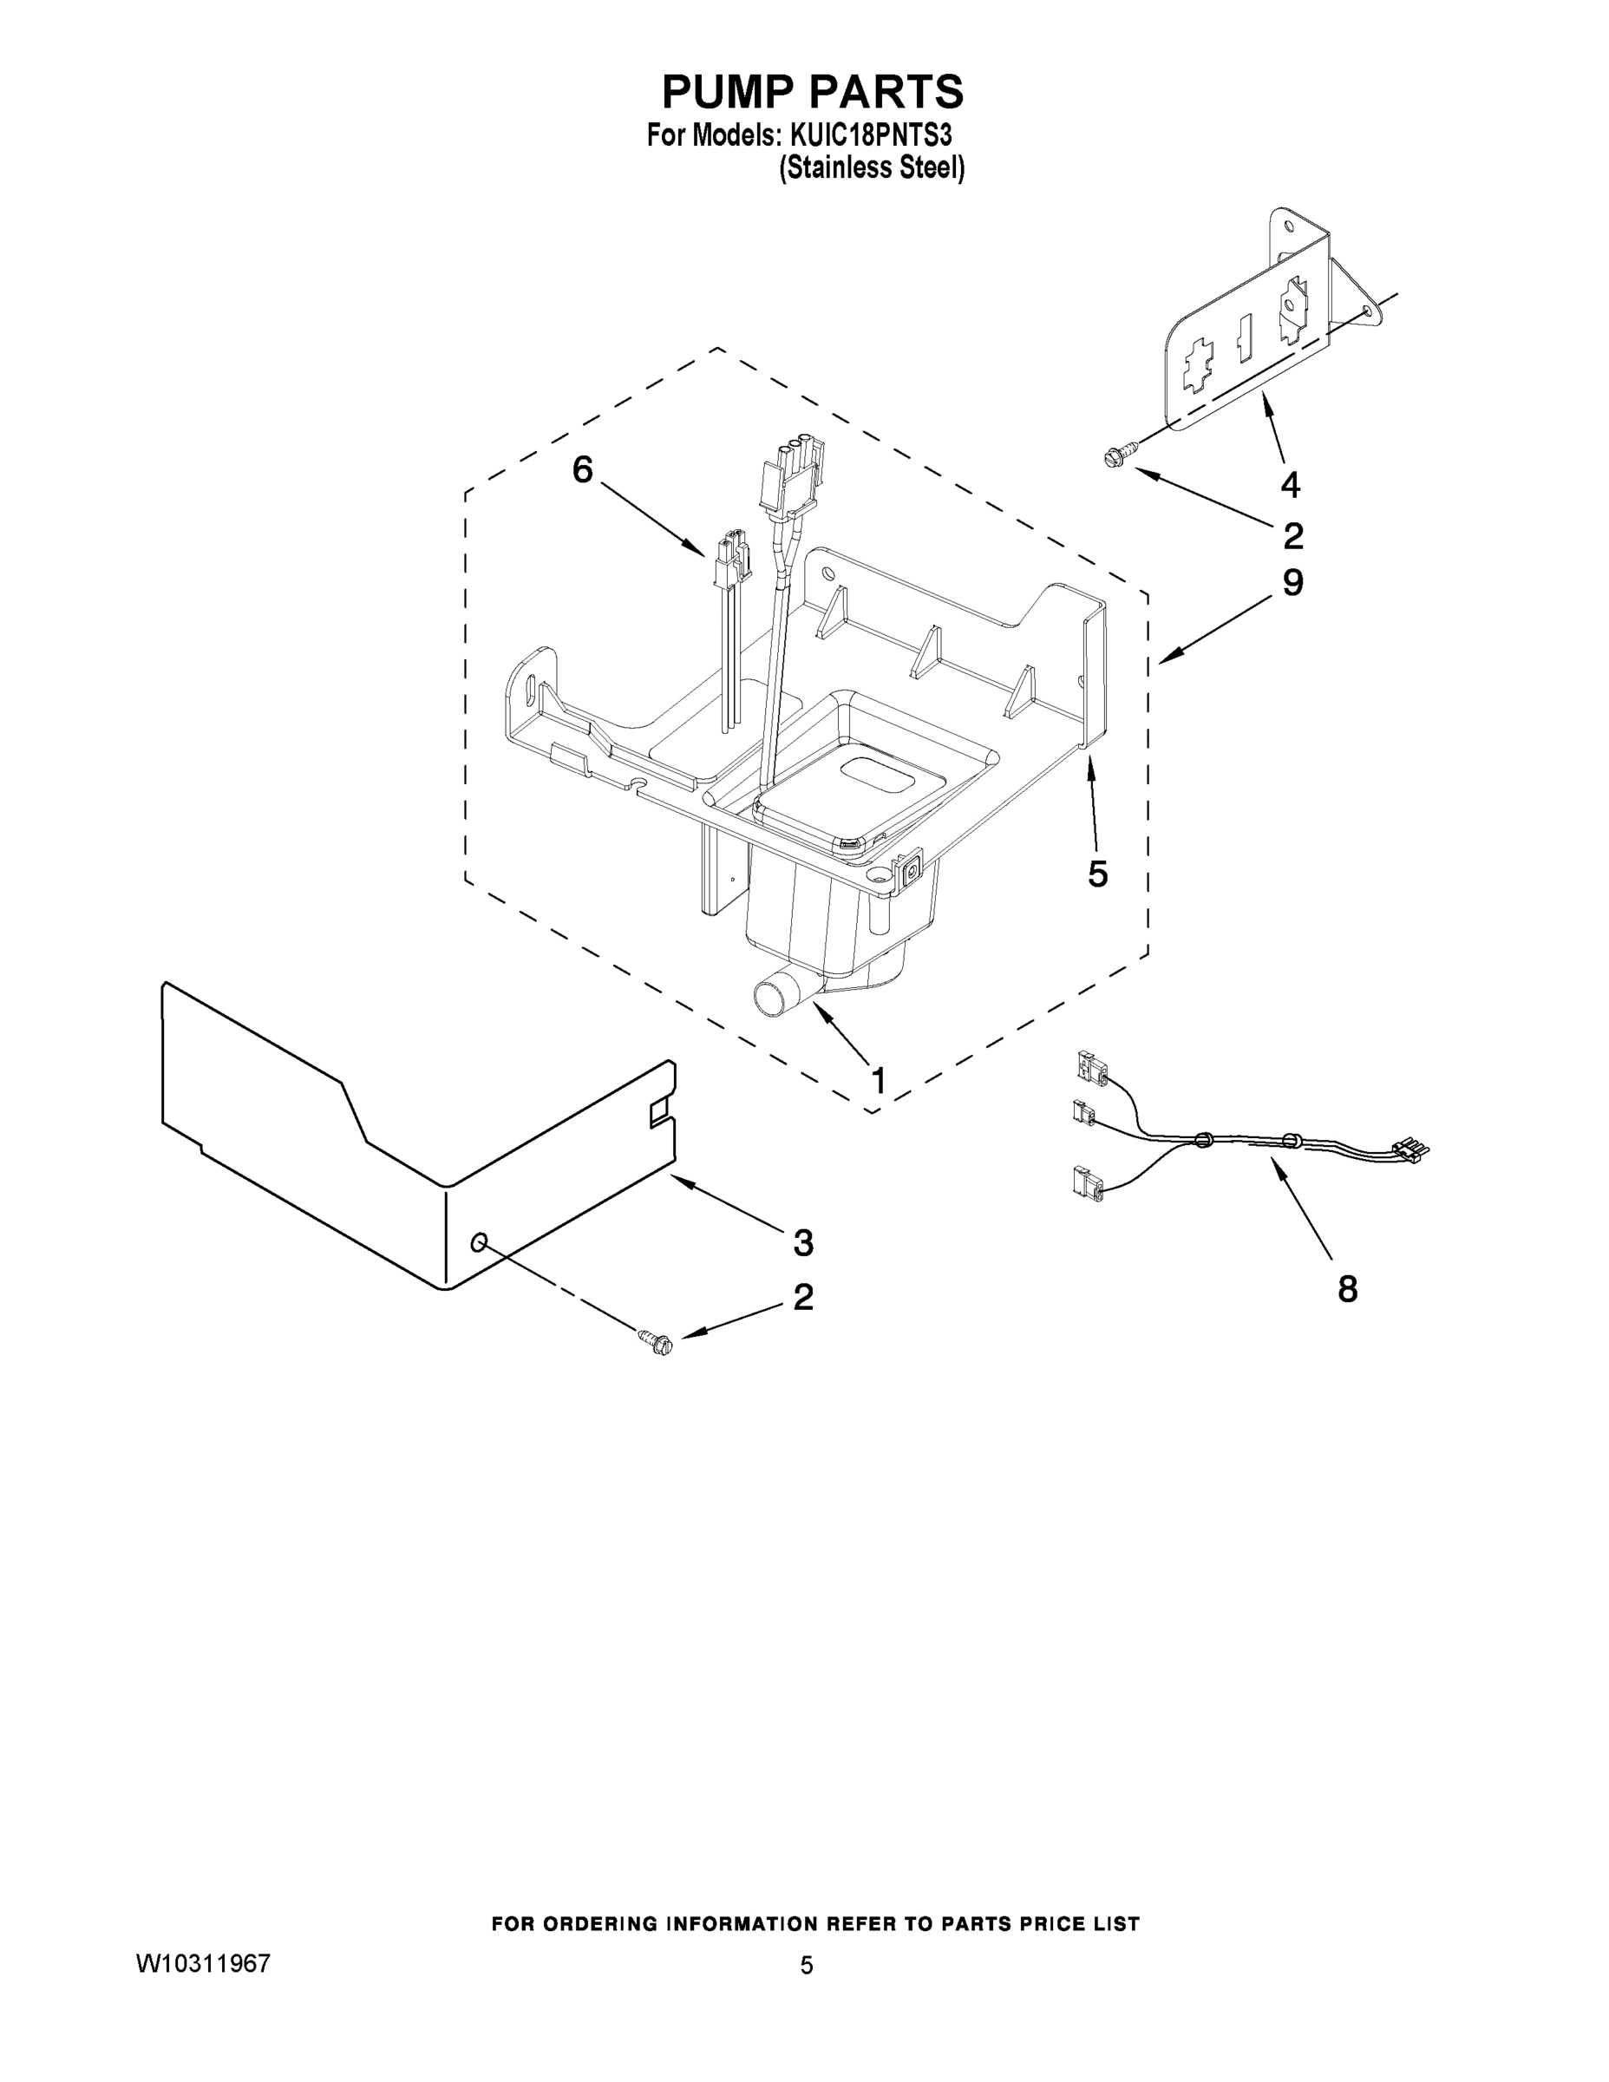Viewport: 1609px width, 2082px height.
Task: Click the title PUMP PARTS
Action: coord(812,93)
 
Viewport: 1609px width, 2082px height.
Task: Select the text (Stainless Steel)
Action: coord(871,169)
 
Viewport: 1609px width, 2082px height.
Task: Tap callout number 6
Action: coord(582,469)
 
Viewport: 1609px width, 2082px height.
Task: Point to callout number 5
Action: coord(1098,874)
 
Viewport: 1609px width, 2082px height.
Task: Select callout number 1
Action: coord(878,1080)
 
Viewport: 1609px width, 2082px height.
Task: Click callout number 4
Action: coord(1289,485)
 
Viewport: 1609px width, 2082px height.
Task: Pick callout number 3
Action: coord(802,1242)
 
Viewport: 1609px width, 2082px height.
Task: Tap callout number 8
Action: coord(1347,1290)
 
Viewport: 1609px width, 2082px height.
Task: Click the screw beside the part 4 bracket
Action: coord(1116,455)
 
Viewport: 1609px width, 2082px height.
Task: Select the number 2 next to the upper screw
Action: coord(1292,537)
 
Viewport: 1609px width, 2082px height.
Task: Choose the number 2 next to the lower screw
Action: coord(802,1297)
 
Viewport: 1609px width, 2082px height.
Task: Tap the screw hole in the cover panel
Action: coord(480,1241)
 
